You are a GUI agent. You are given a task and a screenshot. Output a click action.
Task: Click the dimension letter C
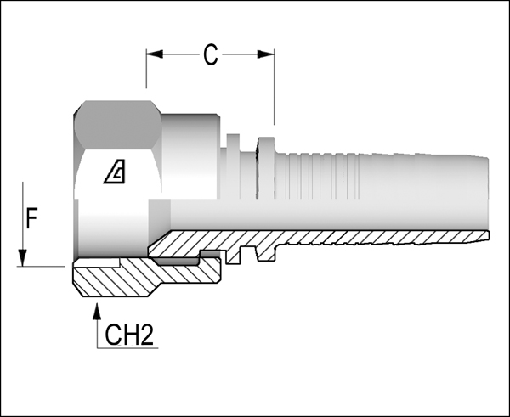pos(211,54)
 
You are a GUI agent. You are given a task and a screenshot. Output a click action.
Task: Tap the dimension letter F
pos(31,218)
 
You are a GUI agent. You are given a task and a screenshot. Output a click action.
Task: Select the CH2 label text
pos(129,335)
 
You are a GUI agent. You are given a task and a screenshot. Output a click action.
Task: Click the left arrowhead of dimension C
pos(155,54)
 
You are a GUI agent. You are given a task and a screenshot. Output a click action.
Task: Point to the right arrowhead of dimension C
pos(266,54)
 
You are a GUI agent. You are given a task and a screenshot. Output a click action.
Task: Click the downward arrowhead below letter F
pos(22,257)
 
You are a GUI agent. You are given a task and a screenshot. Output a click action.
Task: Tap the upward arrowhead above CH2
pos(97,312)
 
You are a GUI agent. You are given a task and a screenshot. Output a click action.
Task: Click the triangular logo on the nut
pos(115,172)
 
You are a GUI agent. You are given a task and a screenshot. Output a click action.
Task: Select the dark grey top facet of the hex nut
pos(118,125)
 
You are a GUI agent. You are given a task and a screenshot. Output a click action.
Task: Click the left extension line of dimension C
pos(146,69)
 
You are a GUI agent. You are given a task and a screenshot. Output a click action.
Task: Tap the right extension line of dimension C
pos(275,87)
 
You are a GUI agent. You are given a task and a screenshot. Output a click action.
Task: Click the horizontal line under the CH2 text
pos(127,348)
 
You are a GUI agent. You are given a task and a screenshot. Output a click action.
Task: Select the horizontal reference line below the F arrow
pos(41,267)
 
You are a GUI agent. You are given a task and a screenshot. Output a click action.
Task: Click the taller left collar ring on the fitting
pos(233,166)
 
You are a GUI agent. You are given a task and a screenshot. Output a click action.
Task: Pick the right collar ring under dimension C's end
pos(266,167)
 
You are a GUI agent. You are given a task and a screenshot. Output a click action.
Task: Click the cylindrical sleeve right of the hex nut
pos(190,156)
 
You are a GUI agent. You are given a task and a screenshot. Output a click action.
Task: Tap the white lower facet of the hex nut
pos(118,174)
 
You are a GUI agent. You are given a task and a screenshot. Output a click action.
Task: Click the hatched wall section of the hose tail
pos(319,242)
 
